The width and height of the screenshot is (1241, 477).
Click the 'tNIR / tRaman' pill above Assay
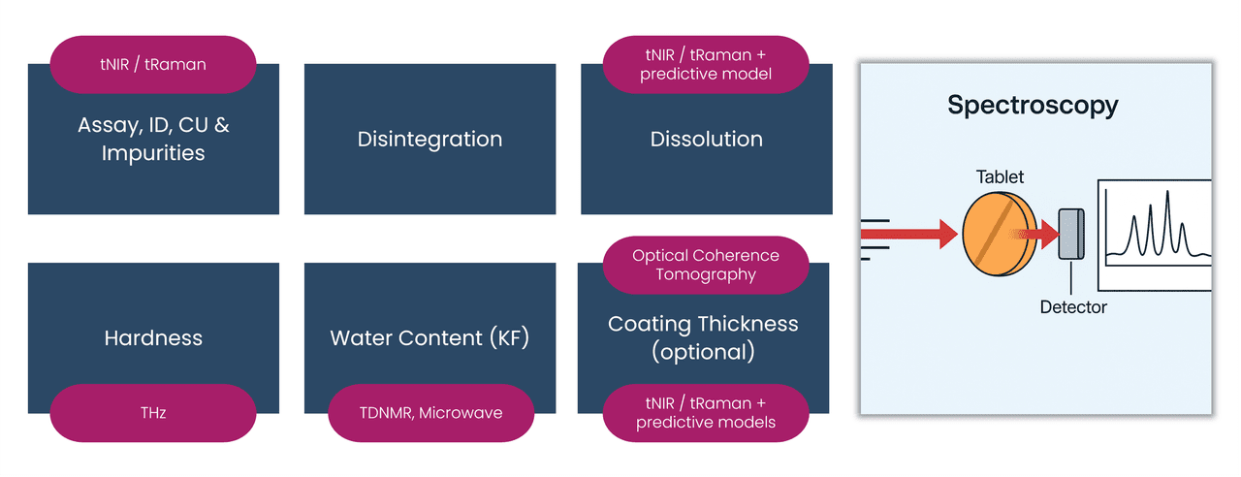point(153,64)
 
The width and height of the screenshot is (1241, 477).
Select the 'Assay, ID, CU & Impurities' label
point(153,139)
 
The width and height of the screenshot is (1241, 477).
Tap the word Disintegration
point(430,139)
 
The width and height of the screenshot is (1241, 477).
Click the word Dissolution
point(706,139)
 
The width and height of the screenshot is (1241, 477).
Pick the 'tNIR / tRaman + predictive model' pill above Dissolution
point(706,64)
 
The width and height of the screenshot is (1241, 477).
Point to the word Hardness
point(153,338)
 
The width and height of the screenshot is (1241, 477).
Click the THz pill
point(153,413)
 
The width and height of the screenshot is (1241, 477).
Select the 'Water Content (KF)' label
point(430,338)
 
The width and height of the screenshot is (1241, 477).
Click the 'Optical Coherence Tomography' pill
point(706,265)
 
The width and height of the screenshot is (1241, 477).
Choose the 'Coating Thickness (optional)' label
point(703,337)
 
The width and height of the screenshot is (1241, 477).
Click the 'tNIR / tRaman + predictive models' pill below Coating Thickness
point(706,413)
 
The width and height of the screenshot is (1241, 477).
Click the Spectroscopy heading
point(1033,105)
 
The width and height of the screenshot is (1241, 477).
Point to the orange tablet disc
point(999,234)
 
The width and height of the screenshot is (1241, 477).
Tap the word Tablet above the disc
point(1000,177)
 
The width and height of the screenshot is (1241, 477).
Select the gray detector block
point(1071,234)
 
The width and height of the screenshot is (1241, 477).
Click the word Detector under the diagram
point(1073,307)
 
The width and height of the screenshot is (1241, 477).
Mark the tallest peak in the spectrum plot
point(1167,194)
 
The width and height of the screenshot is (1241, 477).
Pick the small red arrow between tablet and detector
point(1042,234)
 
